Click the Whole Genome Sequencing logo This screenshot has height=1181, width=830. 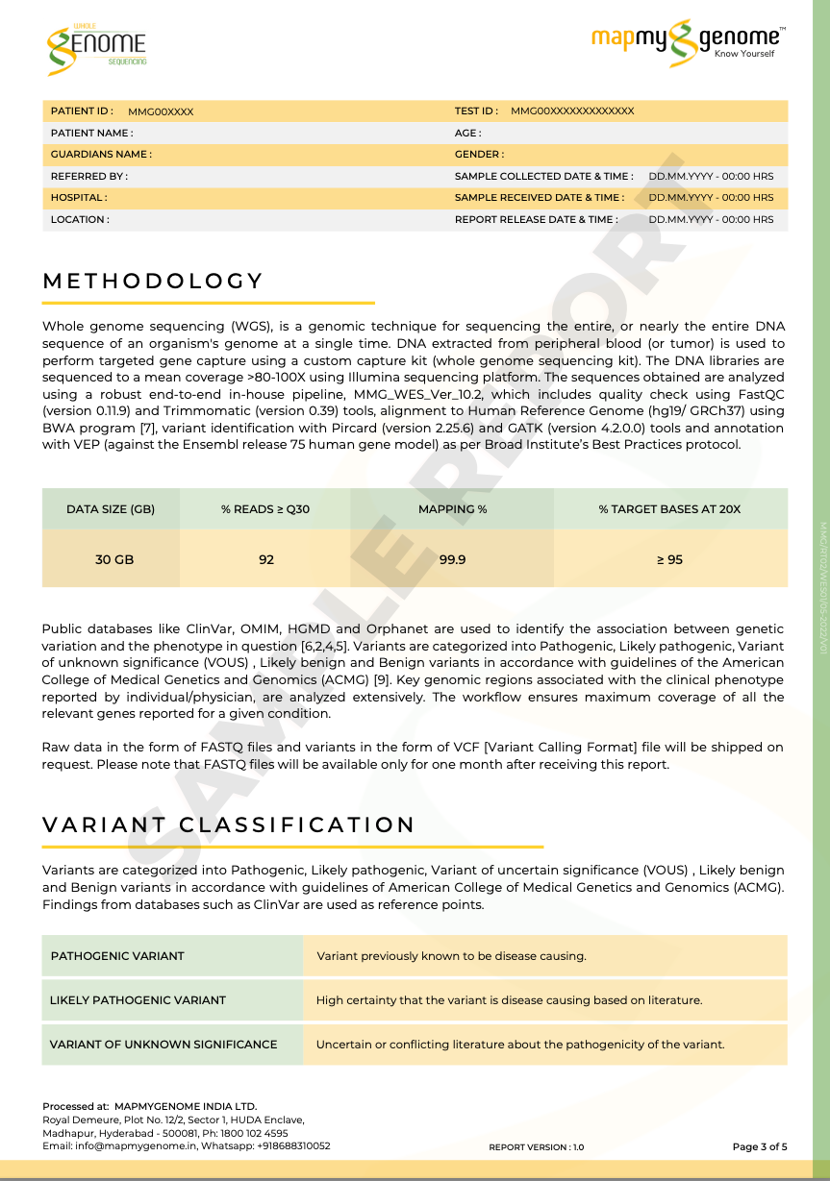coord(96,46)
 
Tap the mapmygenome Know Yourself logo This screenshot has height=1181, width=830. coord(688,40)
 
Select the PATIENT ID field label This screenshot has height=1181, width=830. coord(82,111)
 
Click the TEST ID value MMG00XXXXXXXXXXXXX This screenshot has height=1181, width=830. coord(572,111)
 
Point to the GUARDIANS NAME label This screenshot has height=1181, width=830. coord(101,155)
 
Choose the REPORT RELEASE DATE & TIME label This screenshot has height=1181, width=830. coord(536,220)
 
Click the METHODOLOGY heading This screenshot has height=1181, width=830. coord(153,282)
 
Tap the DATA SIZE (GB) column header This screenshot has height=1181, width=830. coord(111,509)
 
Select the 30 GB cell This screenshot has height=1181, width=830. coord(114,559)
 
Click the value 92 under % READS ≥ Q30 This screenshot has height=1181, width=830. coord(266,559)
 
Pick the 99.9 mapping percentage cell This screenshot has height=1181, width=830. coord(452,559)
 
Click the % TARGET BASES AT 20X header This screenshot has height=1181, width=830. coord(669,509)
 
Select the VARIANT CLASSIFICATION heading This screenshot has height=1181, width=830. coord(229,825)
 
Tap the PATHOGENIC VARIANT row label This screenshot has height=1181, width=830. coord(117,956)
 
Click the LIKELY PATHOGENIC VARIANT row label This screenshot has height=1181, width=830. coord(138,1000)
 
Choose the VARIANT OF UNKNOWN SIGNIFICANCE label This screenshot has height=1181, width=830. coord(163,1045)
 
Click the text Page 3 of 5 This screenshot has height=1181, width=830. coord(760,1146)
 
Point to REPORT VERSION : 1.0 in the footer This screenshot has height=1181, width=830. coord(536,1147)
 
